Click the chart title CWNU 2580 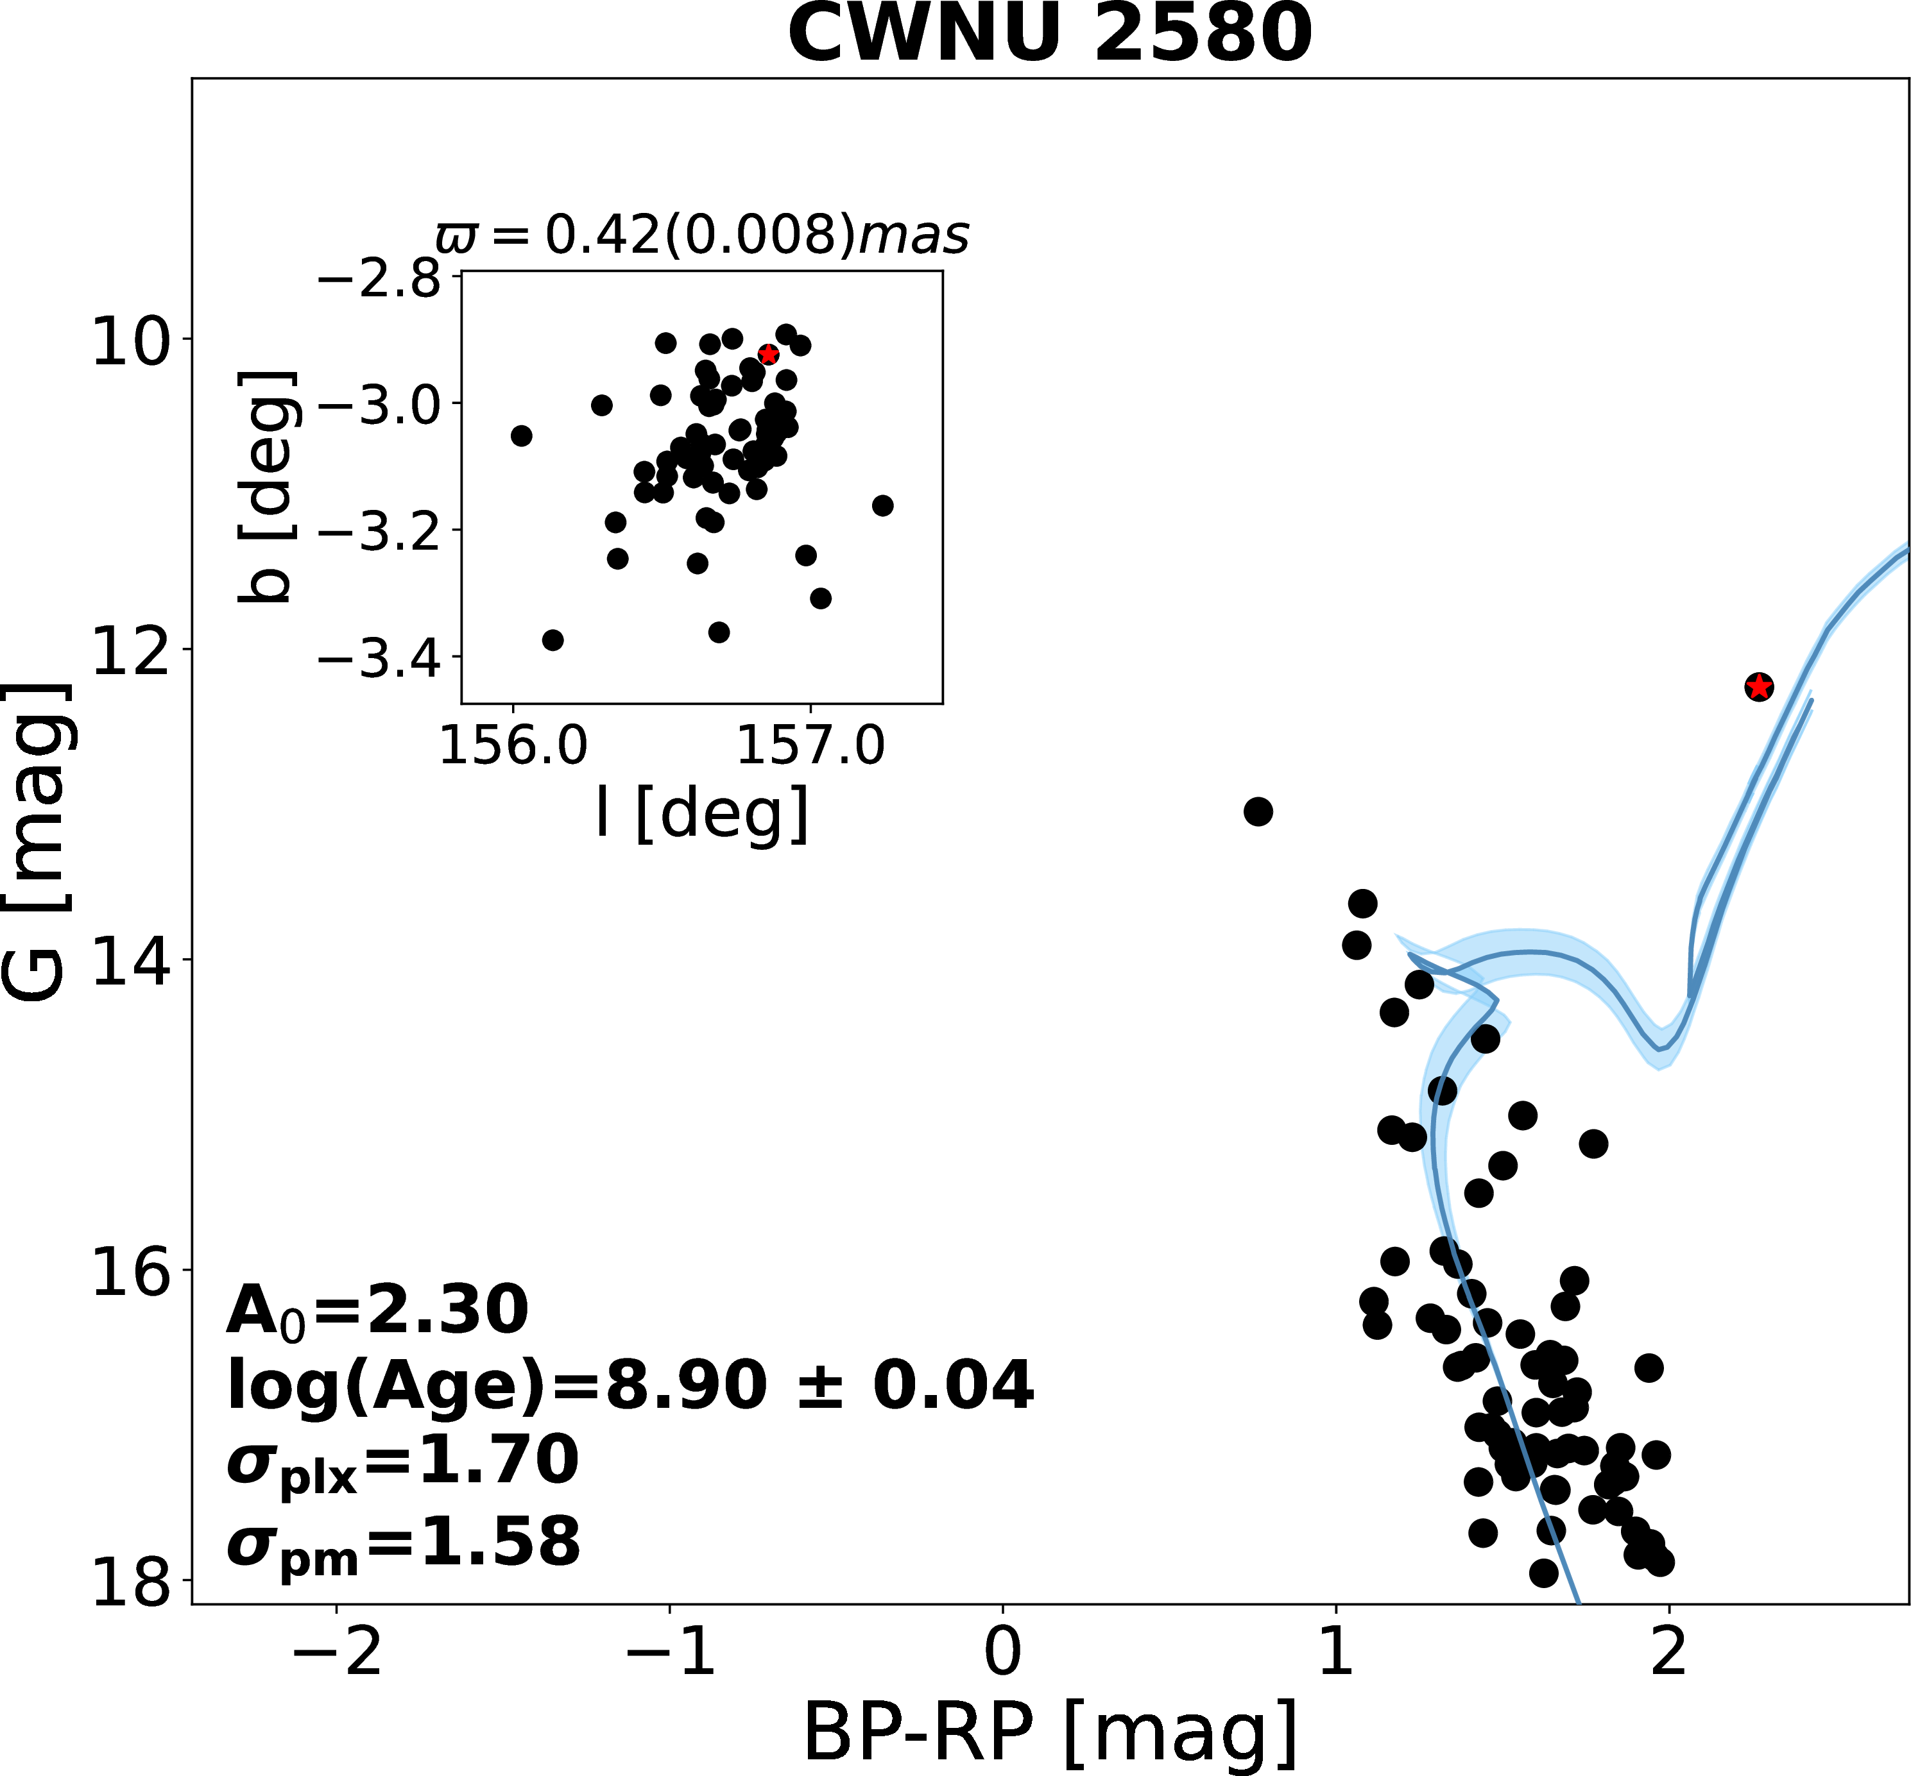click(x=1050, y=35)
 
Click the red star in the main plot click(x=1758, y=686)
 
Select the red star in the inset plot click(x=768, y=355)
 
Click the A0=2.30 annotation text click(x=377, y=1312)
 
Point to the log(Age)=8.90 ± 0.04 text click(x=630, y=1386)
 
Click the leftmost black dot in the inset click(x=521, y=436)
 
